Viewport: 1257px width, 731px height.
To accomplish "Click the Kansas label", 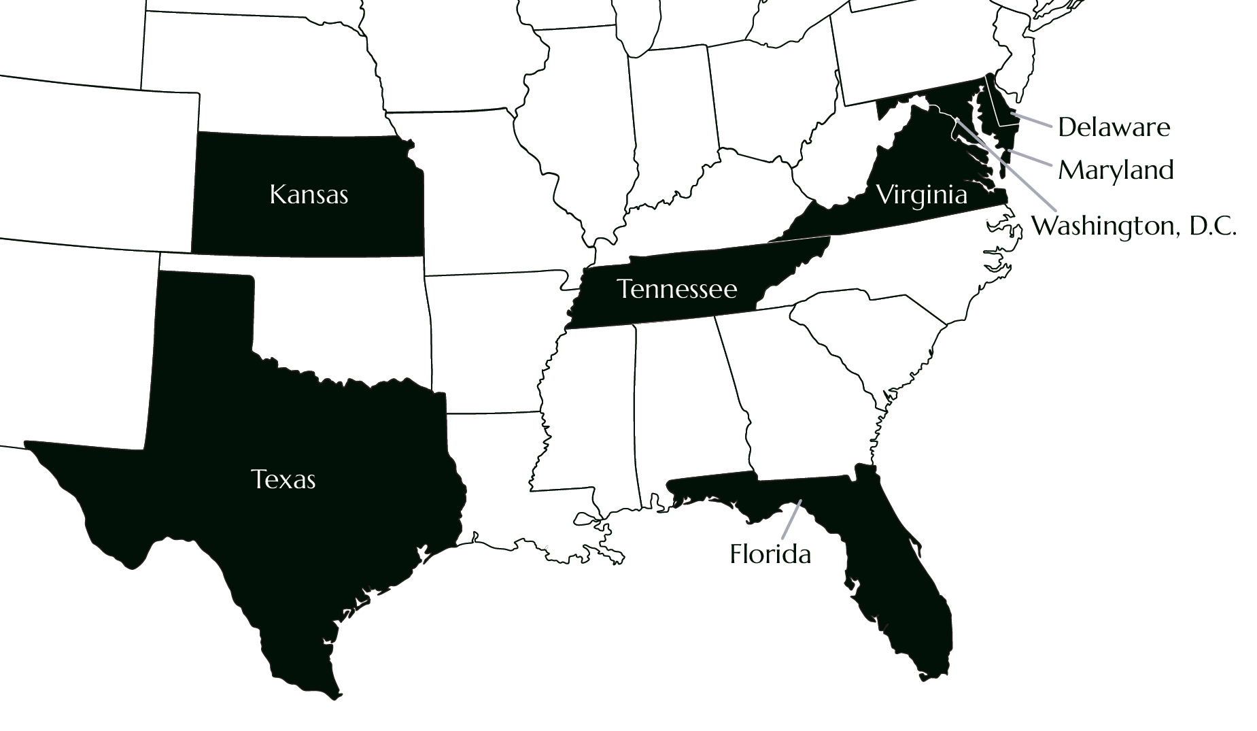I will pyautogui.click(x=309, y=195).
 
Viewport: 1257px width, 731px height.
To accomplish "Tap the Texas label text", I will pyautogui.click(x=283, y=479).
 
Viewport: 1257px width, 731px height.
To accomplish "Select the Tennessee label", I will pyautogui.click(x=677, y=290).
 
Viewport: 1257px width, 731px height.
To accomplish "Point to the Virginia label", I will pyautogui.click(x=921, y=195).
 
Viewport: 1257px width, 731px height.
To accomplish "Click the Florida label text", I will pyautogui.click(x=770, y=554).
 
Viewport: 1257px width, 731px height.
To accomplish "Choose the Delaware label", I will pyautogui.click(x=1114, y=127).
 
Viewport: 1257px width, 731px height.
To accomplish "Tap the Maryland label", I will pyautogui.click(x=1116, y=170).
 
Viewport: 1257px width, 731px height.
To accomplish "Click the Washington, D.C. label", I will pyautogui.click(x=1133, y=226).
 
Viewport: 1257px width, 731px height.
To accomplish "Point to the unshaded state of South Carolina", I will pyautogui.click(x=877, y=340).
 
